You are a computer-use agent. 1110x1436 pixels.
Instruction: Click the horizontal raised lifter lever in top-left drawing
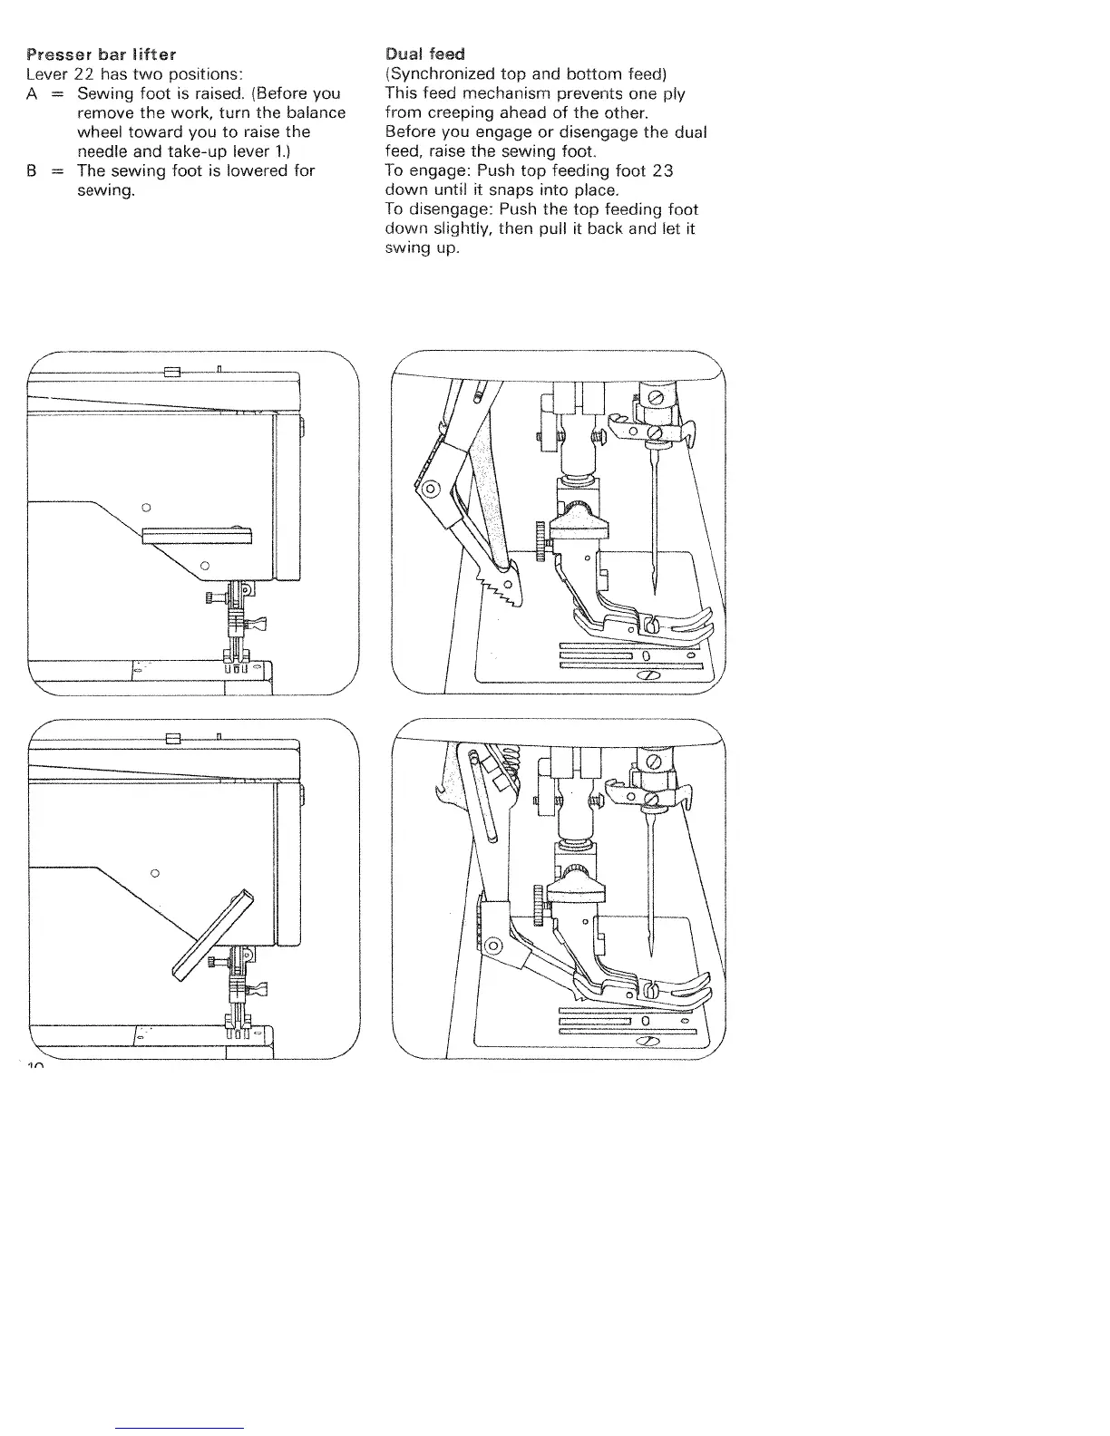click(x=195, y=535)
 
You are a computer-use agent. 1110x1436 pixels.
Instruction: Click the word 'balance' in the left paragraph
click(x=317, y=113)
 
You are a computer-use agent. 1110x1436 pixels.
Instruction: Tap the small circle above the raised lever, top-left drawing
click(x=146, y=505)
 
